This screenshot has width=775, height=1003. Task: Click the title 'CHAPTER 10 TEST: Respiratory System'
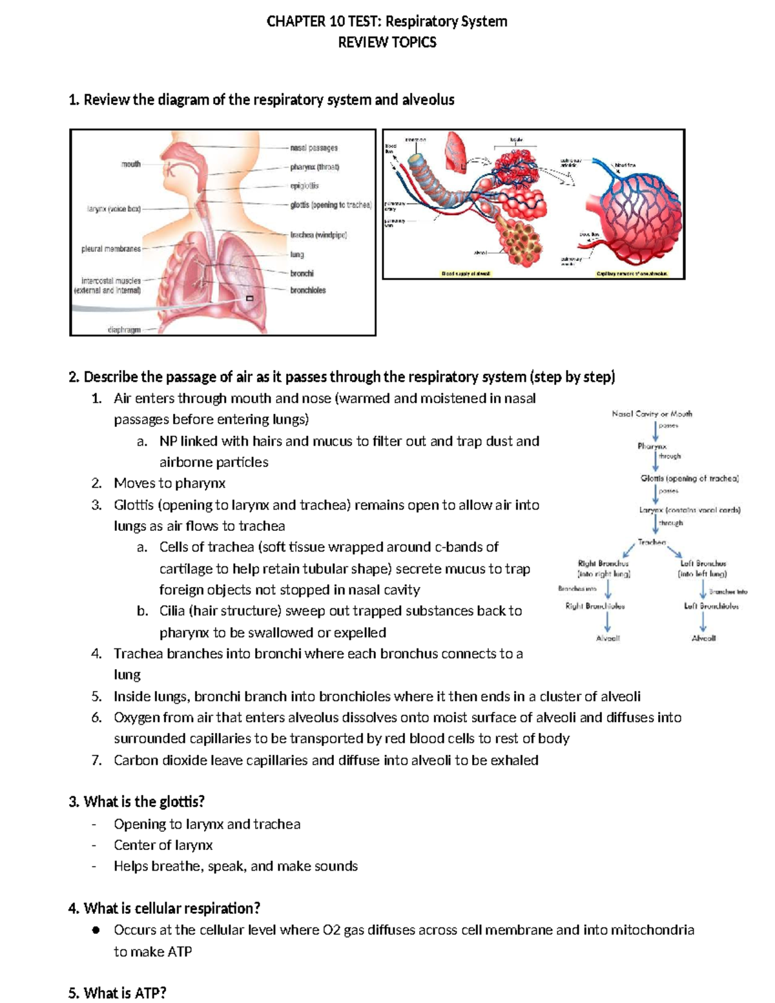pos(387,21)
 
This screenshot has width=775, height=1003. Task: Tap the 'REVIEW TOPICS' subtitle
pos(387,43)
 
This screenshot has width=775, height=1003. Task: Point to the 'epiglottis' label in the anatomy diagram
pos(304,186)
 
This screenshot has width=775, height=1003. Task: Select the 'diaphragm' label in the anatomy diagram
pos(124,329)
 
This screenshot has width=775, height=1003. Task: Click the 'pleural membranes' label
pos(110,249)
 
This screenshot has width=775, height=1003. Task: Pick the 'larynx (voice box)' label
pos(114,209)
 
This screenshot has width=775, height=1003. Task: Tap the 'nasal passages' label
pos(314,148)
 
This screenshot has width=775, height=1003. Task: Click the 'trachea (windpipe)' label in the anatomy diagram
pos(318,235)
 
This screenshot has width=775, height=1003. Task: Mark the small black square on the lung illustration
pos(249,298)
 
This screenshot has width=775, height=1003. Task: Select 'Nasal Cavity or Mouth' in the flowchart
pos(652,413)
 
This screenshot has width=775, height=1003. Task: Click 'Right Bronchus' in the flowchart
pos(603,563)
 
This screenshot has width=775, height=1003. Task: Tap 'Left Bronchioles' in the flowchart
pos(711,606)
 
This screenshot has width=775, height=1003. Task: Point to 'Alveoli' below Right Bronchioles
pos(607,638)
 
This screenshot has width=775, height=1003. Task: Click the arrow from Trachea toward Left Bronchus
pos(674,552)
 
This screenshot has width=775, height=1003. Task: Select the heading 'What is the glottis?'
pos(136,801)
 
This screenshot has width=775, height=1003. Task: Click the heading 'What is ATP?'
pos(117,993)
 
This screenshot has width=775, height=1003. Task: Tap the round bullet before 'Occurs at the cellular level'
pos(96,930)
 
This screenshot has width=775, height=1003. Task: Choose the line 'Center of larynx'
pos(163,845)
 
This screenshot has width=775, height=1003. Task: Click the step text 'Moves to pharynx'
pos(169,483)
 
